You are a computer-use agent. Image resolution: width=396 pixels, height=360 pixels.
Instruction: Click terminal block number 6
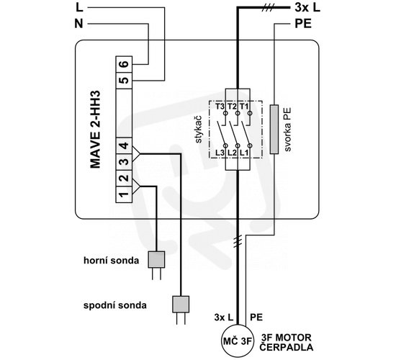[124, 64]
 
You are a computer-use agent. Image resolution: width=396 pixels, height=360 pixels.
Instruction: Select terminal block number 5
[124, 81]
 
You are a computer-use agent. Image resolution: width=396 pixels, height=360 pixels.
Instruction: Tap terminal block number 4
[124, 145]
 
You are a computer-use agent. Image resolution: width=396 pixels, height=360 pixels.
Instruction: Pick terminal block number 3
[124, 162]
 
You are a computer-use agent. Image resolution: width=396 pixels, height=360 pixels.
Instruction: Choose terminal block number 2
[124, 179]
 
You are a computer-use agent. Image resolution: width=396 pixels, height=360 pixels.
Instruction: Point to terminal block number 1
[124, 194]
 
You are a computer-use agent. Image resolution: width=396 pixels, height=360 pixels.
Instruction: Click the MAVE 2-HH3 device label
[95, 130]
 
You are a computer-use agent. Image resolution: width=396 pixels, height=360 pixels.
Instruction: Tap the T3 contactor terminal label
[220, 107]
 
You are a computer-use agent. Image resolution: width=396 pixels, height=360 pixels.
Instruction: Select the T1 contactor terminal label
[244, 107]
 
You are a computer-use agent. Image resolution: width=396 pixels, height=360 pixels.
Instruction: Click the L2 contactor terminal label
[232, 153]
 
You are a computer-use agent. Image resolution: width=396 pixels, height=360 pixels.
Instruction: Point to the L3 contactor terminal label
[220, 153]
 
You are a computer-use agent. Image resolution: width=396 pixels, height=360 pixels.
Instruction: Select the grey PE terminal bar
[274, 129]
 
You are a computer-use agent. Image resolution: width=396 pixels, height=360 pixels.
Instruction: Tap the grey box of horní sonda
[156, 259]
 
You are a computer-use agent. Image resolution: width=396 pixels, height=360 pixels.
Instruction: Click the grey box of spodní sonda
[181, 304]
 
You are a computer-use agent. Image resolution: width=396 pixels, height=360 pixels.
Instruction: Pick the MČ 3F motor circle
[238, 341]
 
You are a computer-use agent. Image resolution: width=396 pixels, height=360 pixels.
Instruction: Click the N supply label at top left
[78, 24]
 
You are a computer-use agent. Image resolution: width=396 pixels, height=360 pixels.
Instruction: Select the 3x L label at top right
[307, 8]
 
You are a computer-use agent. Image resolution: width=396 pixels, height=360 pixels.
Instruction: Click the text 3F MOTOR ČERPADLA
[287, 342]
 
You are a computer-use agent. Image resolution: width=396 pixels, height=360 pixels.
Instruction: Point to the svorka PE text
[288, 130]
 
